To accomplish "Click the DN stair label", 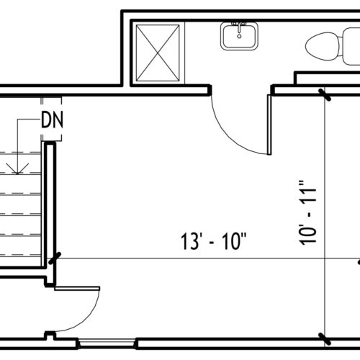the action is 52,120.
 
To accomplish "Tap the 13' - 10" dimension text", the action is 213,242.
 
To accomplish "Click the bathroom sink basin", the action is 239,36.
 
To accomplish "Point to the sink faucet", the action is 239,27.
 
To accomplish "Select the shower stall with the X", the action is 158,53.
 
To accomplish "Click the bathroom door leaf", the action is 269,125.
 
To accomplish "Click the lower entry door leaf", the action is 77,289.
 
